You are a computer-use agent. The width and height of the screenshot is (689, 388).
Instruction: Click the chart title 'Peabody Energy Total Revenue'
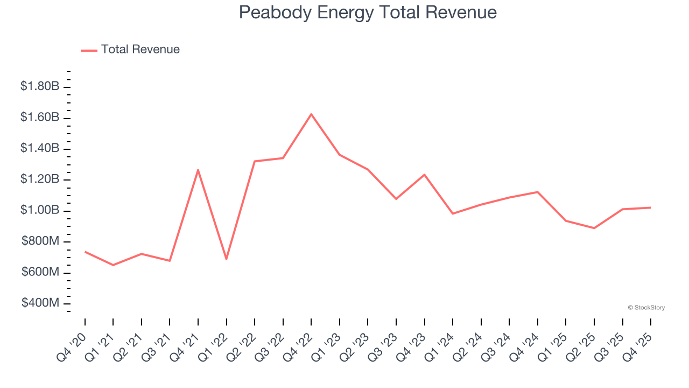[368, 12]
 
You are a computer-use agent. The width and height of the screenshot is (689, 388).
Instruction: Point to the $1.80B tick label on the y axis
[40, 86]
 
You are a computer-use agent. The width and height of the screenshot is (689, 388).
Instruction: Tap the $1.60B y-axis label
[40, 117]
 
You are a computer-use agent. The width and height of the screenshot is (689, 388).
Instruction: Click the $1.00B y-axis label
[40, 210]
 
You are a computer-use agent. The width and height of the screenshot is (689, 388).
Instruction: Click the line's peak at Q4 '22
[311, 114]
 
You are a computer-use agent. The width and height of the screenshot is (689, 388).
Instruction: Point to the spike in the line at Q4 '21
[198, 170]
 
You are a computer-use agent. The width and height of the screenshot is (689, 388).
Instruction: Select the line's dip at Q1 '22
[226, 259]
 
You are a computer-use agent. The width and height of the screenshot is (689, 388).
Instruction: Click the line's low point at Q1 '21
[113, 265]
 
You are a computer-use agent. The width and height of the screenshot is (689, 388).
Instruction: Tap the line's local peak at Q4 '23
[424, 175]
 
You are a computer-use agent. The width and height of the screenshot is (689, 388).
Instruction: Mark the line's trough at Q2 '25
[594, 228]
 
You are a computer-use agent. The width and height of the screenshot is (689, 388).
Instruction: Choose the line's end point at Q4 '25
[651, 207]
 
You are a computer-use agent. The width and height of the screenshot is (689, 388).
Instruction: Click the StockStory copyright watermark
[646, 308]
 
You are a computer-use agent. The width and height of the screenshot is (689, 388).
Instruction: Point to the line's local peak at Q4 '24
[538, 192]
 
